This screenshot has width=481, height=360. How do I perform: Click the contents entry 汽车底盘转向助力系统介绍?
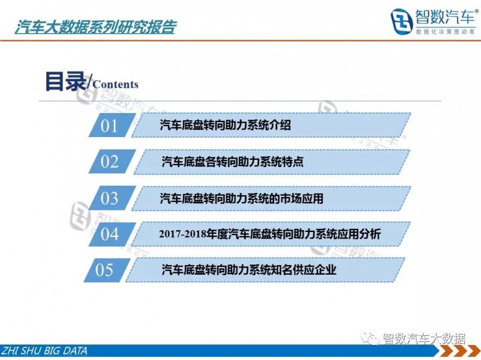pyautogui.click(x=225, y=125)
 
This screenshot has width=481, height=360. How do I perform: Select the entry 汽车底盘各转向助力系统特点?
pyautogui.click(x=233, y=161)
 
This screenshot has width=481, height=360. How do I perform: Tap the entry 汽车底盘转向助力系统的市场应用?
pyautogui.click(x=242, y=198)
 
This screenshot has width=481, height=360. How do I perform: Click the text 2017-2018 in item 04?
pyautogui.click(x=183, y=234)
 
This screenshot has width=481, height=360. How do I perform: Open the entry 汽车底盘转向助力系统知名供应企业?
pyautogui.click(x=249, y=269)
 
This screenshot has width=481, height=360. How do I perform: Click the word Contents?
pyautogui.click(x=115, y=84)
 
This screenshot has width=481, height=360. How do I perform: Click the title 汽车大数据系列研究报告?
pyautogui.click(x=96, y=27)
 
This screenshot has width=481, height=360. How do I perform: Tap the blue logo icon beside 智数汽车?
pyautogui.click(x=402, y=21)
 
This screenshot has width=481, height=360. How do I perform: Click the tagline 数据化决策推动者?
pyautogui.click(x=446, y=32)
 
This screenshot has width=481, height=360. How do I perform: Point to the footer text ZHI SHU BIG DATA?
pyautogui.click(x=44, y=351)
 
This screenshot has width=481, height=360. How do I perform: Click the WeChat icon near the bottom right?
pyautogui.click(x=370, y=338)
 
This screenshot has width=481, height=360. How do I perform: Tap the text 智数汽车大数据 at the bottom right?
pyautogui.click(x=424, y=338)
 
